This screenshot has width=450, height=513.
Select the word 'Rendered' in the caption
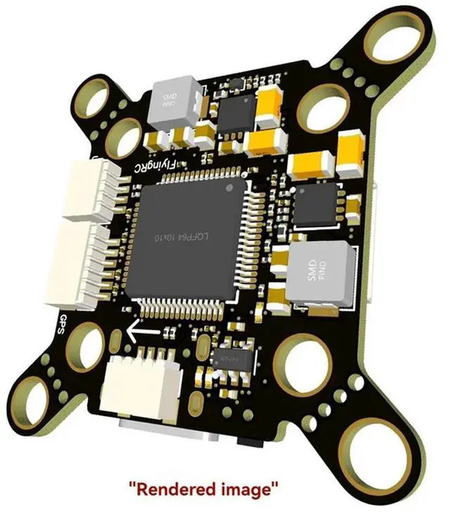174,487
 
